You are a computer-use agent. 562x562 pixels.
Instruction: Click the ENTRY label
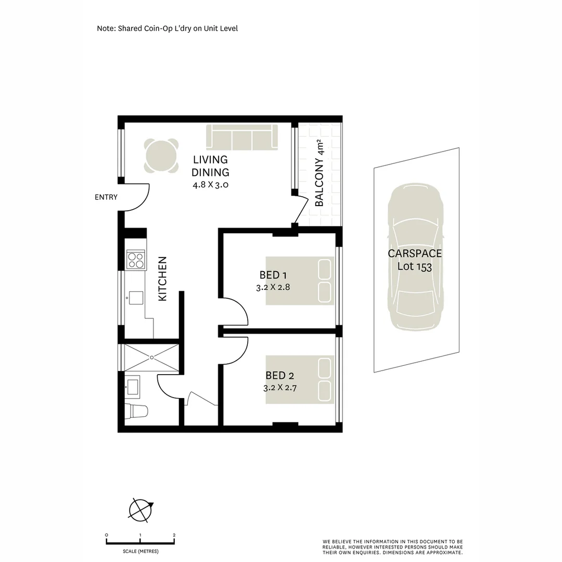coord(106,197)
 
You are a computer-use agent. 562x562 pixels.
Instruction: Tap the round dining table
coord(161,156)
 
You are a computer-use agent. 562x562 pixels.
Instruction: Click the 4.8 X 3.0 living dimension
coord(211,184)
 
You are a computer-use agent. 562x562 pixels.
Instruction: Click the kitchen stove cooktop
coord(135,260)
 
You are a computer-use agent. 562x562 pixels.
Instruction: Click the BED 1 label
coord(273,275)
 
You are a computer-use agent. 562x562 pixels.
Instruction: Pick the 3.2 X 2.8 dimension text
coord(272,287)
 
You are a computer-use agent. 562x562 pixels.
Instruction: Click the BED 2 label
coord(276,375)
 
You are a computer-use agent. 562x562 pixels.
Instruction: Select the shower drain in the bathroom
coord(151,357)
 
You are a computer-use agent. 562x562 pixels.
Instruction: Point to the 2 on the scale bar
coord(174,535)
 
